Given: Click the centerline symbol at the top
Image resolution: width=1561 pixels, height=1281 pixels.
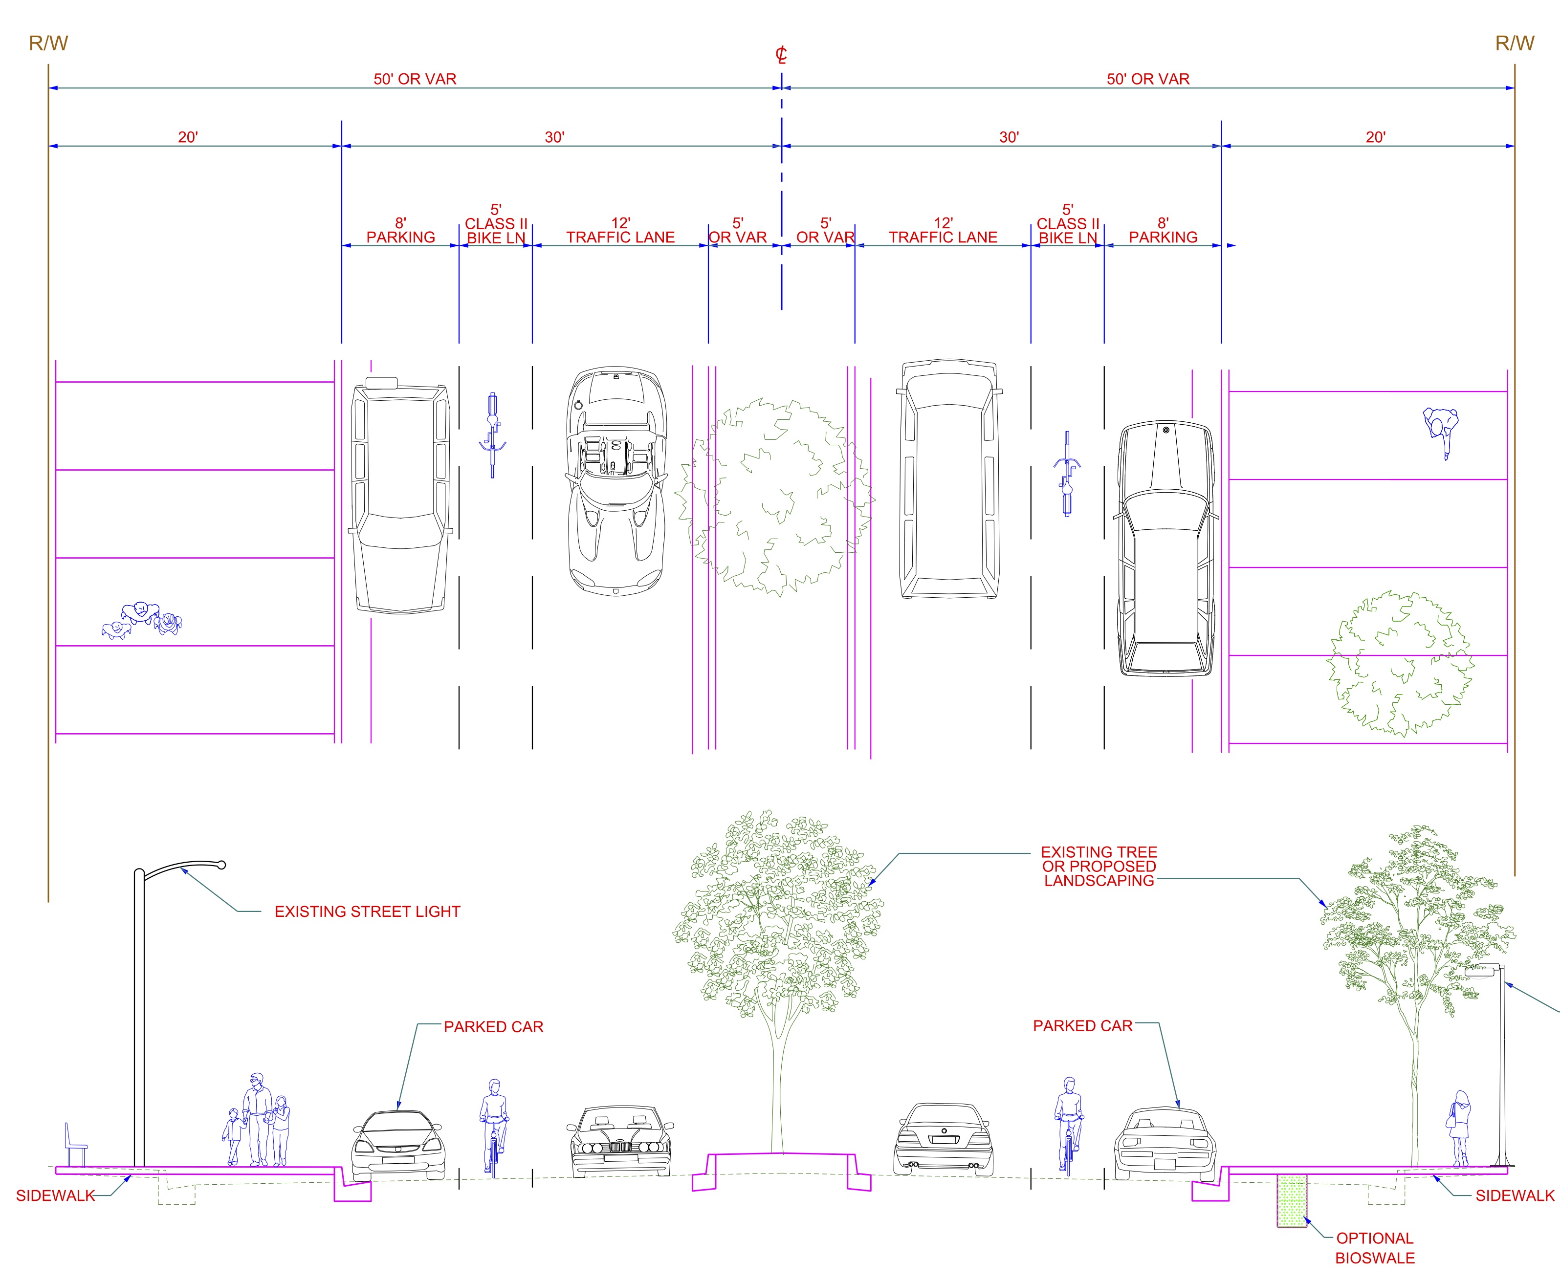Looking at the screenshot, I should click(781, 55).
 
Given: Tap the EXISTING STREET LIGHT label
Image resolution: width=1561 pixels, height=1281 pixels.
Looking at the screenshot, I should click(367, 912).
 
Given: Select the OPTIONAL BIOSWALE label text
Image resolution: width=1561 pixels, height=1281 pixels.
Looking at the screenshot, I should click(1374, 1249).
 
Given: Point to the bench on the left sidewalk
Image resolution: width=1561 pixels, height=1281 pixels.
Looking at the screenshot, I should click(74, 1145).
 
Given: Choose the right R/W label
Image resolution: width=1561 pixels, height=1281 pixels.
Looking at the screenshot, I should click(1515, 43).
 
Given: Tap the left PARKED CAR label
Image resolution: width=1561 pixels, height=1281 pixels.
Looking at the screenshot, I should click(493, 1027).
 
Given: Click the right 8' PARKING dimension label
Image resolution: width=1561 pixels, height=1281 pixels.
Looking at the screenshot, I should click(1163, 230).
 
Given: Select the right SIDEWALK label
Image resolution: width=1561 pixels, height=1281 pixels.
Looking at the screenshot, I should click(1515, 1196).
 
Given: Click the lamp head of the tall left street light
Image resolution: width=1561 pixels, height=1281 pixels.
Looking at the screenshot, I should click(220, 865).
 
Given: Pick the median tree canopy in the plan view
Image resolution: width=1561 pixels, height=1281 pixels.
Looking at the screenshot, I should click(775, 496).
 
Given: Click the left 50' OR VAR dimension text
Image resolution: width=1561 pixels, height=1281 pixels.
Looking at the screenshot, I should click(415, 79).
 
